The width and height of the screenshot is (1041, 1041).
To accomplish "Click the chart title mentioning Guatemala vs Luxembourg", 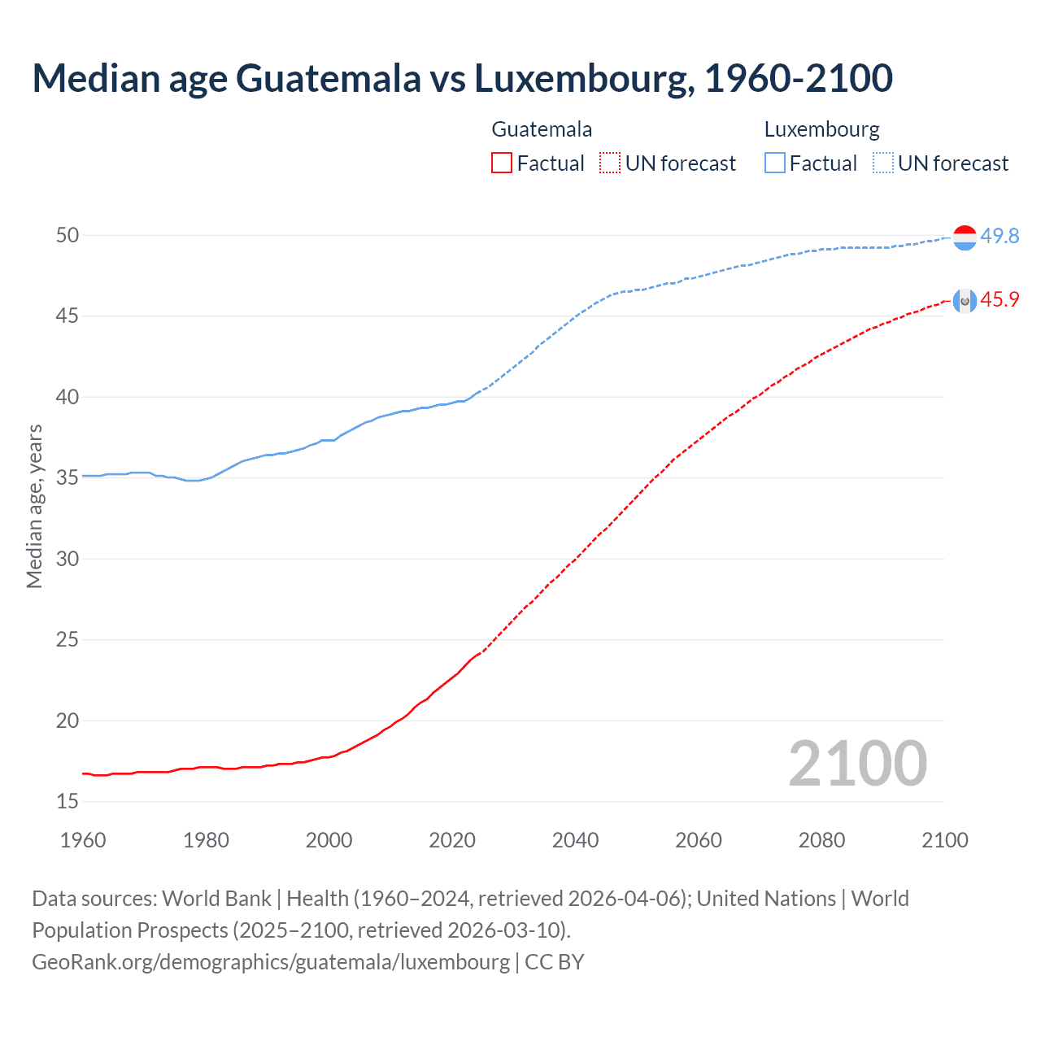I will (x=462, y=78).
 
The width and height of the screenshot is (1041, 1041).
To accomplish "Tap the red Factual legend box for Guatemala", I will (x=502, y=163).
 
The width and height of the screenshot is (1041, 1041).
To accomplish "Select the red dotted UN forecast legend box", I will (x=610, y=163).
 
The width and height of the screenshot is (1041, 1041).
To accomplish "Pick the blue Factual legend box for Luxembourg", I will (x=775, y=163).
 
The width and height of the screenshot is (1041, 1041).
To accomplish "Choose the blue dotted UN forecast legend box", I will (x=883, y=163).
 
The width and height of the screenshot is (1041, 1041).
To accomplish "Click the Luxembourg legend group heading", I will (x=821, y=129).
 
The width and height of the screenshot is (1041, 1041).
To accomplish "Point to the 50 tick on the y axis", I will (x=68, y=235).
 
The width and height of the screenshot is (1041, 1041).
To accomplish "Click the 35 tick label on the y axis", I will (x=68, y=477).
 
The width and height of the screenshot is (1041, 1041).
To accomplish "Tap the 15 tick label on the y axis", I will (x=68, y=801).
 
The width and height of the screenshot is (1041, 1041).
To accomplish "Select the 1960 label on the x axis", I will (x=83, y=840).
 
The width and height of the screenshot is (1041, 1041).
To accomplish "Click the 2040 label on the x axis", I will (x=575, y=840).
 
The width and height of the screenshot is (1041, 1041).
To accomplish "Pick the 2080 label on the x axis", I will (x=821, y=840).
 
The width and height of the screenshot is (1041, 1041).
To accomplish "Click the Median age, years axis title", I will (x=34, y=506).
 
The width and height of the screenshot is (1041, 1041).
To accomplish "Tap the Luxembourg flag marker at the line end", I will (x=964, y=237).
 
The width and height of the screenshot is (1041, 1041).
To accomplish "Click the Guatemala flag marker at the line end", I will (x=964, y=301).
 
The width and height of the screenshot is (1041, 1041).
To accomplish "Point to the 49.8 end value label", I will (x=1000, y=236).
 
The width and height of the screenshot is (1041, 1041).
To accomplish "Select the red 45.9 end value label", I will (x=1000, y=299).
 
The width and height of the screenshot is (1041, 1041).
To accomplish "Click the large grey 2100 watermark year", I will (x=857, y=763).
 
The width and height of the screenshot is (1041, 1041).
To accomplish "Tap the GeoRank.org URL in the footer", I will (x=270, y=961).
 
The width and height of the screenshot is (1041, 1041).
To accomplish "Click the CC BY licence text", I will (x=555, y=961).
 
